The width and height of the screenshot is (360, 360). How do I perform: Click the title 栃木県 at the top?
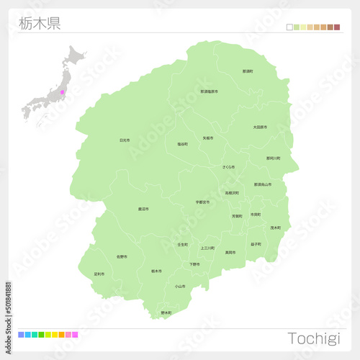40,23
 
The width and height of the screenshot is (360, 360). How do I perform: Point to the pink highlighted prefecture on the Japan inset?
63,92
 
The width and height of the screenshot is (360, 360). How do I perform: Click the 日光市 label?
125,140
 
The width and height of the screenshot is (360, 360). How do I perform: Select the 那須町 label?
248,71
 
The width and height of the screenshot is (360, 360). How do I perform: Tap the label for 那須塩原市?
210,91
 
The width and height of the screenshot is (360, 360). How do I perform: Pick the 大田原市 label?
260,127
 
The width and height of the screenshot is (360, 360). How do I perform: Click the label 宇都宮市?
202,202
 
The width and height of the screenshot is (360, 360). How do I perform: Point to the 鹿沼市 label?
143,209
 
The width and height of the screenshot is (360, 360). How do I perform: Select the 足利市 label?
99,274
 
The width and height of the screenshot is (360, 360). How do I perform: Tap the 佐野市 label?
122,256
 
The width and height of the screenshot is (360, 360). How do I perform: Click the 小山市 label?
179,286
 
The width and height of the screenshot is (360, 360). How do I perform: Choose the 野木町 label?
166,312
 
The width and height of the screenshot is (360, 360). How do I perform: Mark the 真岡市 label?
230,253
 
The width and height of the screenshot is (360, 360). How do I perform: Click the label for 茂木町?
275,228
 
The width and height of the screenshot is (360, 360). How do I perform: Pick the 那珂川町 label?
274,158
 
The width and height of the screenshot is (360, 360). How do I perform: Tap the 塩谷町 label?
182,144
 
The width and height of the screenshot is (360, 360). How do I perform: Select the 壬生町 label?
182,245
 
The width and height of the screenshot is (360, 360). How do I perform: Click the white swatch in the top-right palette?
289,27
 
